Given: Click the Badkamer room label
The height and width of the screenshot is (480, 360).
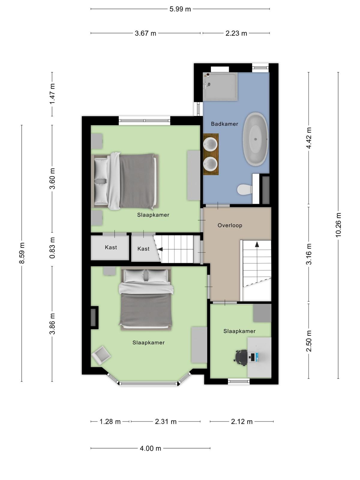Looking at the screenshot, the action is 224,124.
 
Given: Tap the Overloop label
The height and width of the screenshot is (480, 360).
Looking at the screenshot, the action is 230,226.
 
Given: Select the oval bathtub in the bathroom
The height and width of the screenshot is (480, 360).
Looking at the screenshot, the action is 256,139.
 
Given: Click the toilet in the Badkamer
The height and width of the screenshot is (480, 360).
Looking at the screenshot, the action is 245,189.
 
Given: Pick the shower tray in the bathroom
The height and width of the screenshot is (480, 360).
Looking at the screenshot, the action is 220,87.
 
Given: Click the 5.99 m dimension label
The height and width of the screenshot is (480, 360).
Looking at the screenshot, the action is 180,9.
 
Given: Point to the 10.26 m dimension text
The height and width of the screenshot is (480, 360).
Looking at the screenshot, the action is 338,225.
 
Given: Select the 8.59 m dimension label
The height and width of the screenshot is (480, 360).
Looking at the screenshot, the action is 22,253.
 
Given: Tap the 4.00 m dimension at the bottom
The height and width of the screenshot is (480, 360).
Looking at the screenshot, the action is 150,448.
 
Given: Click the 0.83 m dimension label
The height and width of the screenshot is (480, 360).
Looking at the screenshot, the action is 52,248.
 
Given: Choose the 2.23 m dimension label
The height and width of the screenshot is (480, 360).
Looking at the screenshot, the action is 236,34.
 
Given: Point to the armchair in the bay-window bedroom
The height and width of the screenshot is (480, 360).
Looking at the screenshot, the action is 101,355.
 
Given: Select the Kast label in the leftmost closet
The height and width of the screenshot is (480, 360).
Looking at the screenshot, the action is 111,247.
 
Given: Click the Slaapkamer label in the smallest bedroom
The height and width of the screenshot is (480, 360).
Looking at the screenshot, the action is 239,331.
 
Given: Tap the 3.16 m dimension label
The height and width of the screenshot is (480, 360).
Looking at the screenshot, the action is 308,254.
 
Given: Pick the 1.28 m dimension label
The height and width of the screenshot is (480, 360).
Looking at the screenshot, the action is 110,421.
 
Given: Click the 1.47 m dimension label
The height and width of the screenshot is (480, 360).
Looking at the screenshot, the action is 52,94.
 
